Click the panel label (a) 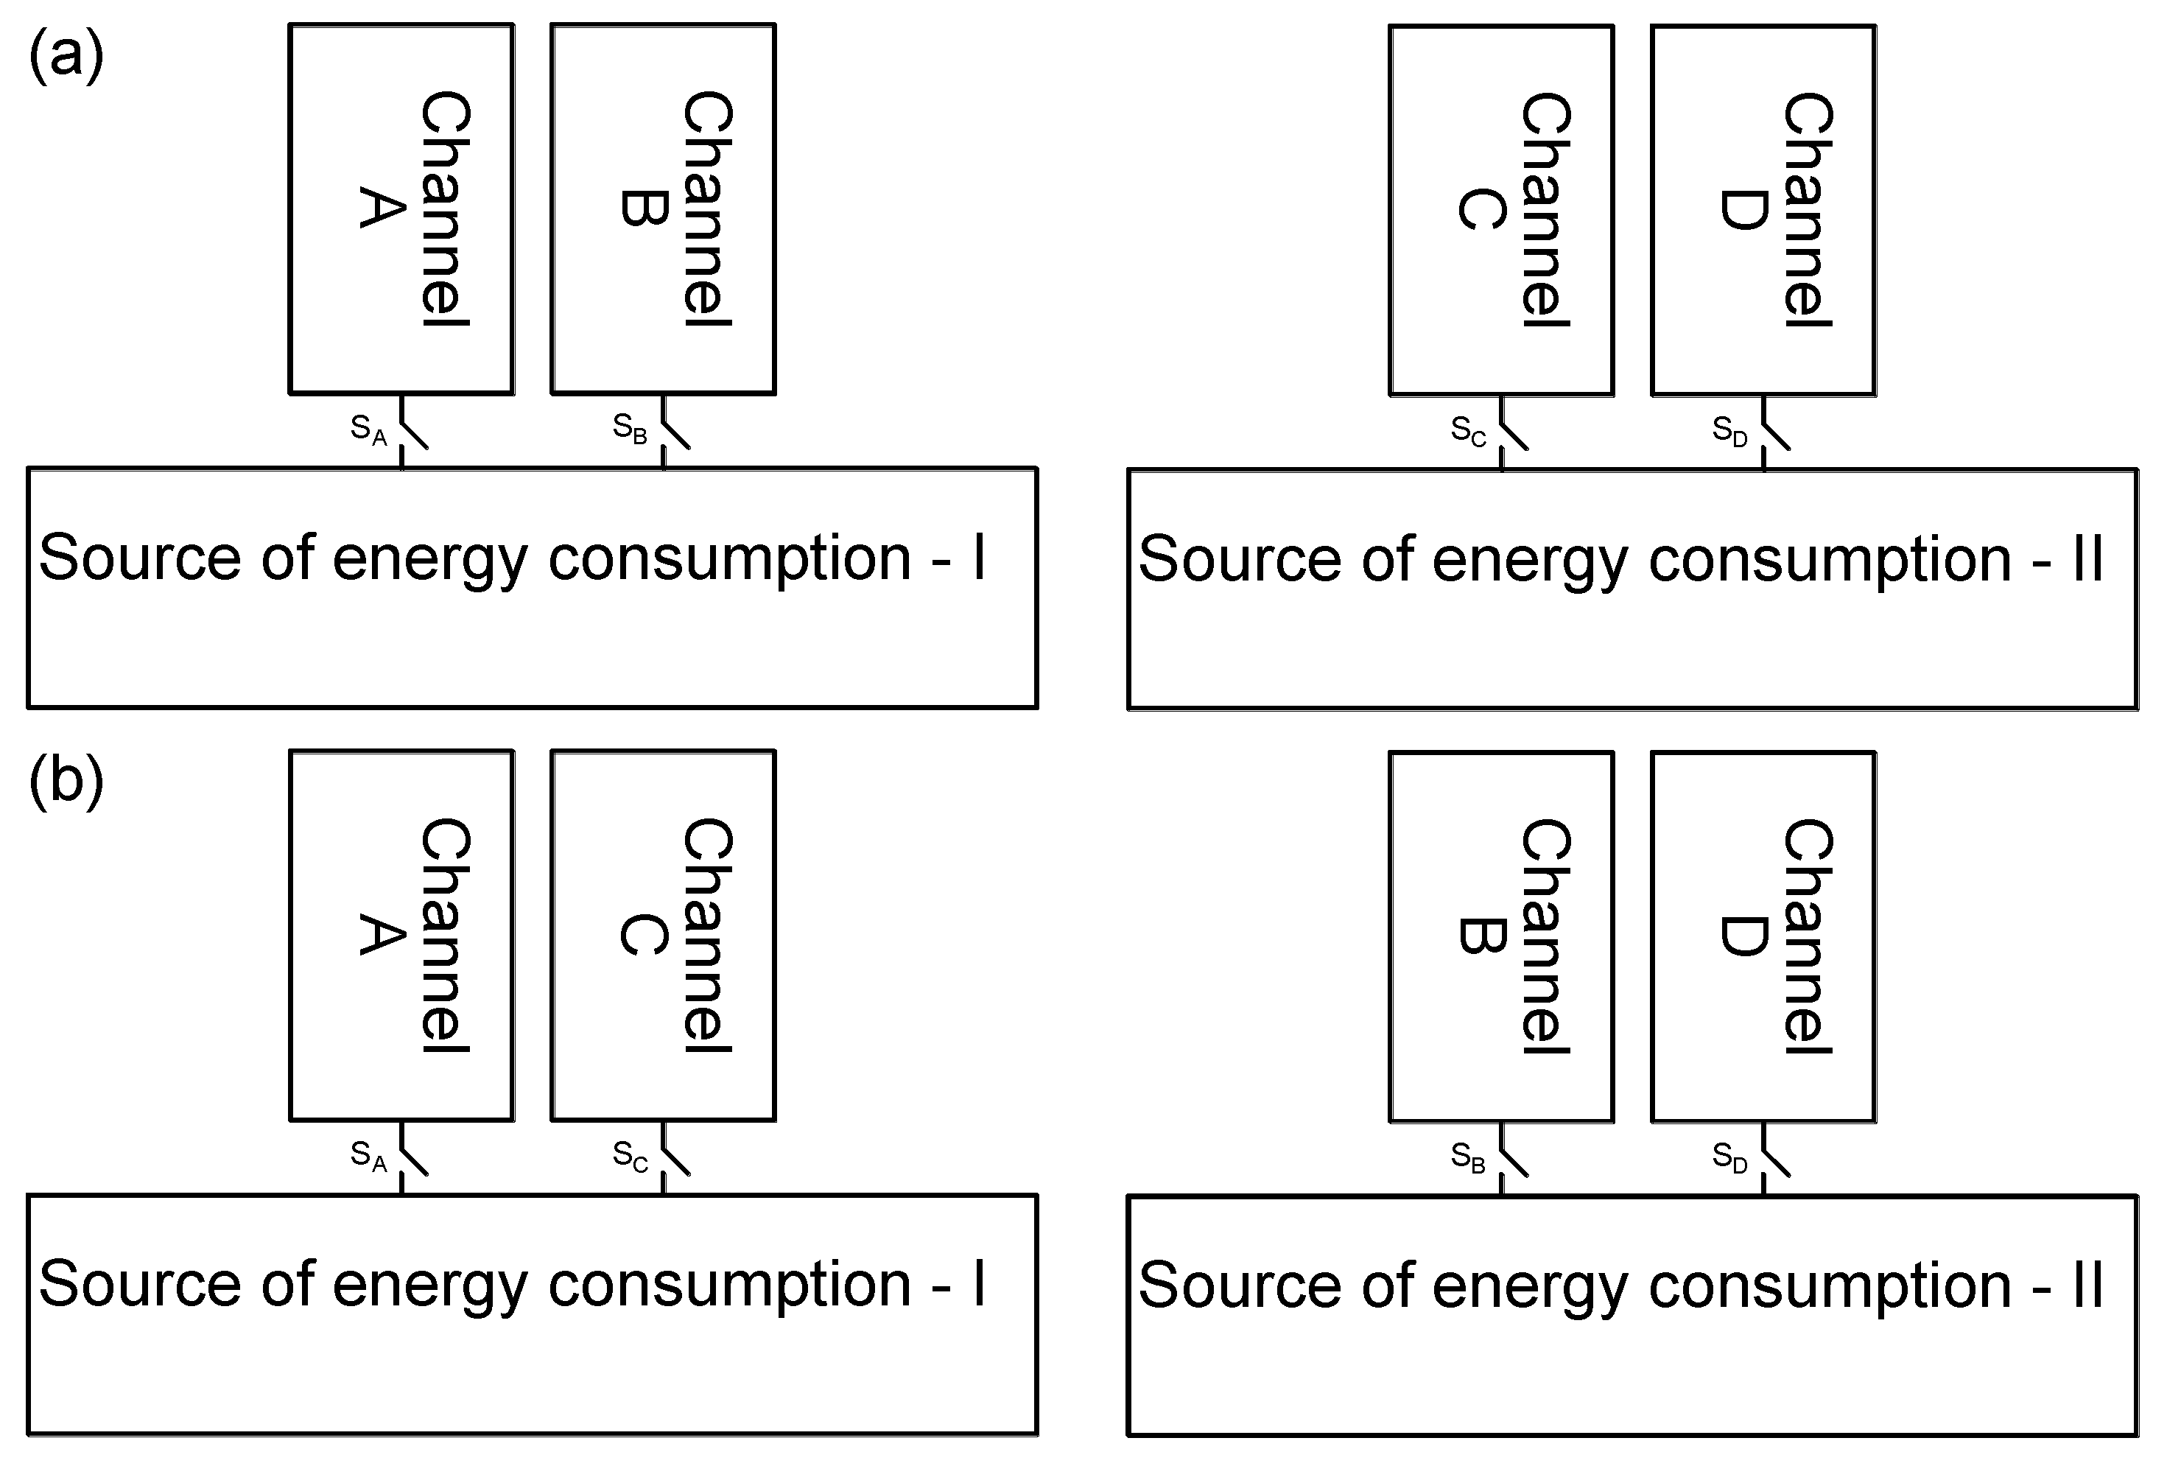point(66,56)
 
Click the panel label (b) point(66,782)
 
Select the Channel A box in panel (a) point(401,209)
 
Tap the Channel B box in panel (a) point(663,209)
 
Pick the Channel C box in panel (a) point(1500,211)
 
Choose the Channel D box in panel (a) point(1763,211)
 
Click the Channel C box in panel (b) point(663,936)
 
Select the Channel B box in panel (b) point(1500,936)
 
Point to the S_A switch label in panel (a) point(368,430)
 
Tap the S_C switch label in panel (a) point(1468,431)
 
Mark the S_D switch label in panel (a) point(1729,431)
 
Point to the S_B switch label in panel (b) point(1468,1157)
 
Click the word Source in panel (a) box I point(140,558)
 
